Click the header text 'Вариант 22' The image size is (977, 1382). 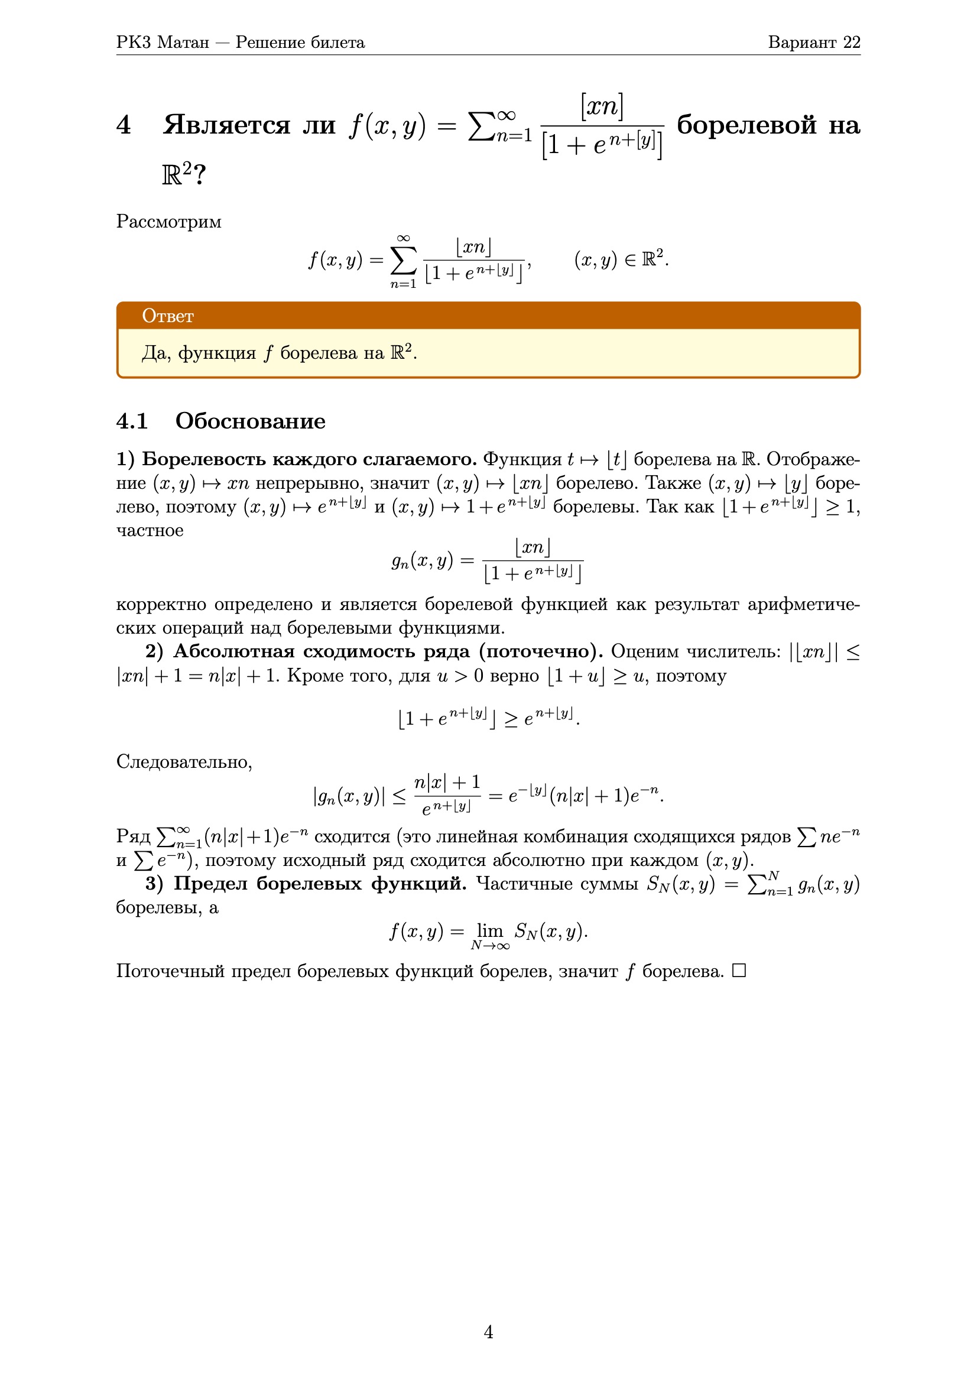(813, 42)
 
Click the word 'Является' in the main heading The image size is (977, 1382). (227, 125)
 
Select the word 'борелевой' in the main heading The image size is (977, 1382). (746, 125)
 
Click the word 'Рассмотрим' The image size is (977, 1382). (168, 222)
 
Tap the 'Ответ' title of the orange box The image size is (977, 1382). (168, 316)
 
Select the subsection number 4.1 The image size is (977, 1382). (132, 421)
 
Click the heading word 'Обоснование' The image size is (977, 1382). (250, 421)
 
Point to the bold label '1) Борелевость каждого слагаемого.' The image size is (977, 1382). (296, 459)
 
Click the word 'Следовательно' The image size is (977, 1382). (184, 762)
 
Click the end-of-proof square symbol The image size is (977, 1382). (739, 971)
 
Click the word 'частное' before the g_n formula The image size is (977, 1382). (150, 531)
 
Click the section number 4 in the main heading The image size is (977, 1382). (124, 125)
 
